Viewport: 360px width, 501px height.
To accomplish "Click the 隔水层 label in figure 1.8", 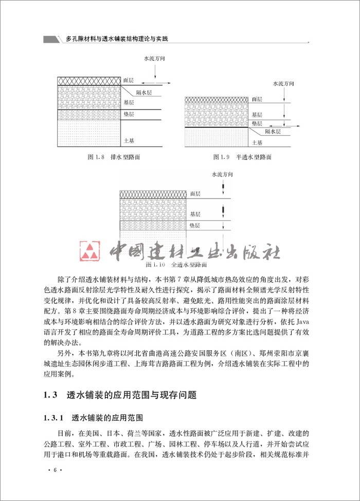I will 143,92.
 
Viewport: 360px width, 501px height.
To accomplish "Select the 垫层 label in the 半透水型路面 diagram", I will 257,124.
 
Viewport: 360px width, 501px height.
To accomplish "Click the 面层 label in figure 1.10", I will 195,193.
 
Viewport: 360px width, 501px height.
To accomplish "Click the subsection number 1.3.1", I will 54,417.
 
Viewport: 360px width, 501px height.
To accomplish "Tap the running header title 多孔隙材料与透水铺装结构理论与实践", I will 117,39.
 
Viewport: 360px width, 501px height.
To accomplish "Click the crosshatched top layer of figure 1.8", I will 88,81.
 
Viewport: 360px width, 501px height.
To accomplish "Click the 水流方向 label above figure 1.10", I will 222,175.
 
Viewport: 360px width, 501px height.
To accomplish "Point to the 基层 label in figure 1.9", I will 257,114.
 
